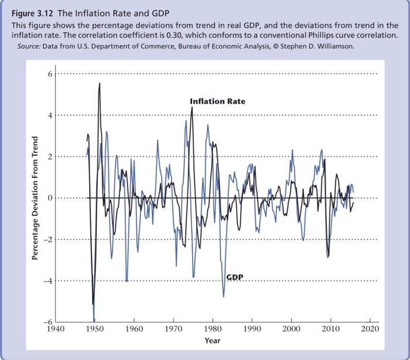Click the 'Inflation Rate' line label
click(x=217, y=101)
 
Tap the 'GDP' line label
click(x=235, y=276)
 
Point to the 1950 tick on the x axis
click(x=94, y=330)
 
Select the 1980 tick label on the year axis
click(x=213, y=330)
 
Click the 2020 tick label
click(x=370, y=330)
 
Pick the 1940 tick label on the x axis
click(x=54, y=330)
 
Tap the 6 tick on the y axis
click(x=50, y=74)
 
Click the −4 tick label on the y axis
click(x=49, y=281)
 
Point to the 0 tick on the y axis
click(x=50, y=198)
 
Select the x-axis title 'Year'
click(x=213, y=341)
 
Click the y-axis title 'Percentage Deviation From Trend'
click(x=35, y=198)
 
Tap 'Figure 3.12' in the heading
click(x=31, y=13)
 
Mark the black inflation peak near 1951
click(x=100, y=83)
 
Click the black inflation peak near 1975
click(x=192, y=107)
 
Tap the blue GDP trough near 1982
click(x=224, y=296)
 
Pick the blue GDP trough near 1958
click(x=127, y=281)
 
